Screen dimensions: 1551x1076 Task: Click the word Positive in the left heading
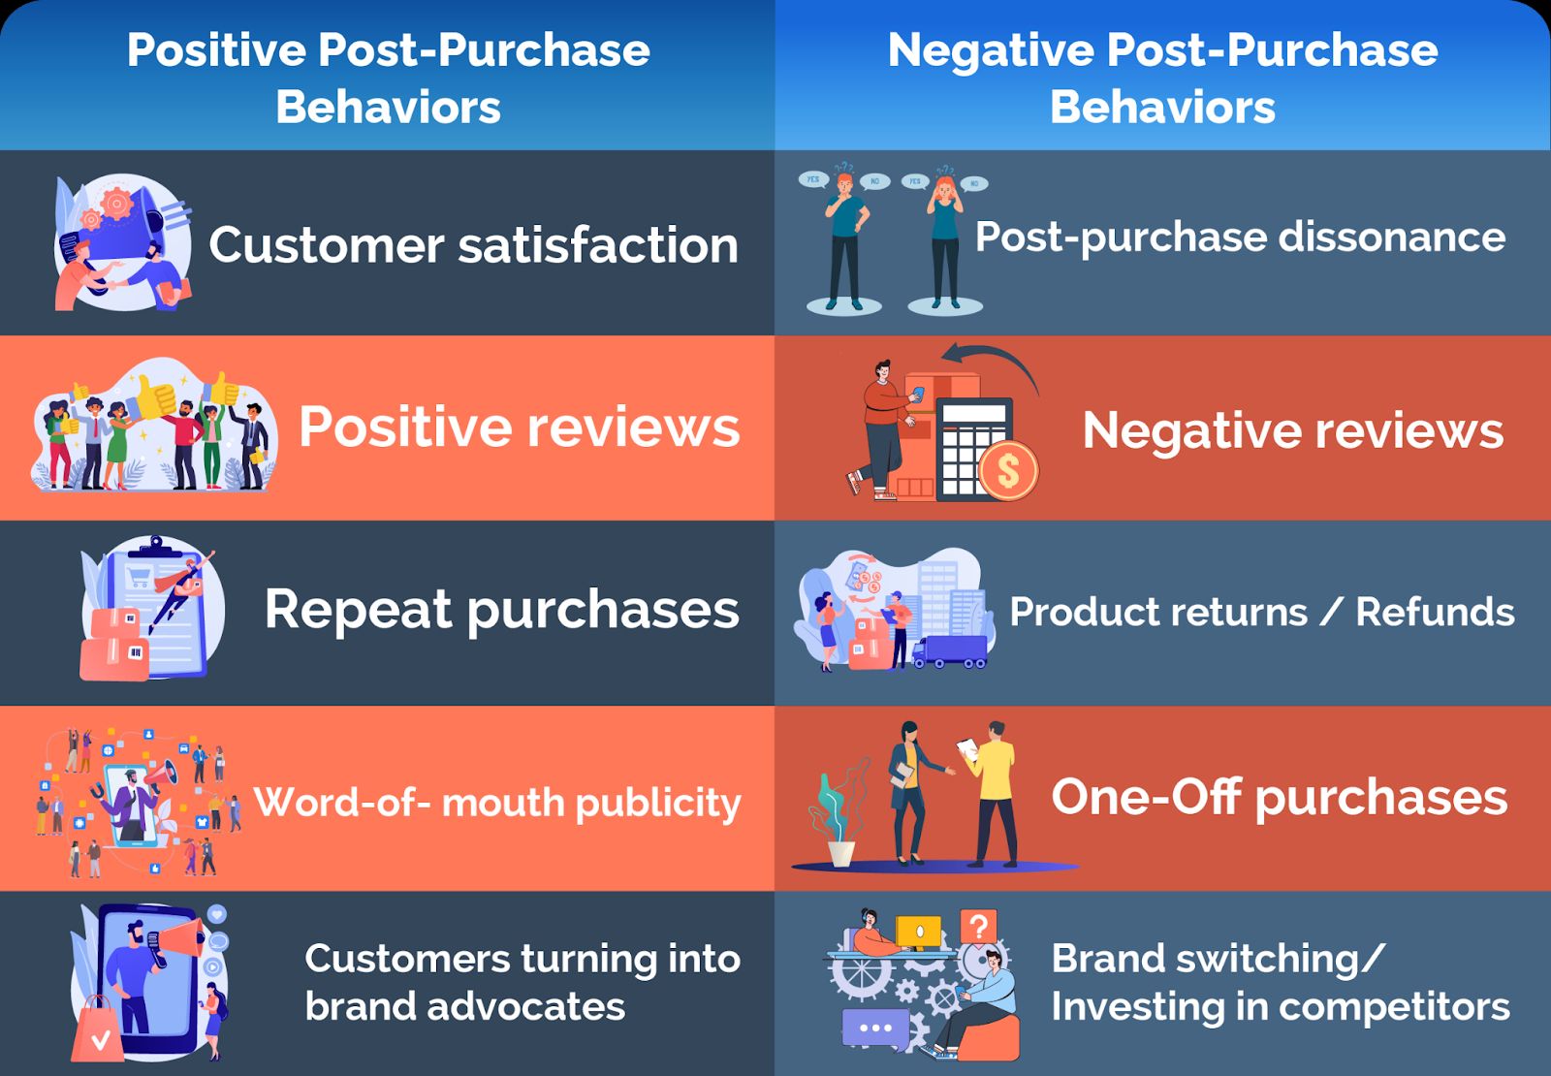click(x=216, y=50)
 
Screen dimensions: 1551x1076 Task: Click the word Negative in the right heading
click(x=991, y=50)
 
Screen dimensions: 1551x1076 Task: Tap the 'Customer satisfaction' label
click(x=474, y=245)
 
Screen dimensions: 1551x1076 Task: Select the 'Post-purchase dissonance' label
click(x=1240, y=238)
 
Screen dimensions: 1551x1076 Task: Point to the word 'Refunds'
click(x=1436, y=612)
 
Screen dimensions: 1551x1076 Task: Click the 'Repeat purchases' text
click(x=502, y=611)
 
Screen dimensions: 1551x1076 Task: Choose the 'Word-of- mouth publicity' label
click(x=497, y=804)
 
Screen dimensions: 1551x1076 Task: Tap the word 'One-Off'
click(x=1146, y=796)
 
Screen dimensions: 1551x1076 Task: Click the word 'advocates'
click(x=526, y=1007)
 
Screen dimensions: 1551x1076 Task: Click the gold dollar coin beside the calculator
click(x=1008, y=471)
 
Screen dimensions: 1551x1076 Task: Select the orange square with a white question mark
click(x=979, y=927)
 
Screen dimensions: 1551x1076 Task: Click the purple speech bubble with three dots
click(x=874, y=1029)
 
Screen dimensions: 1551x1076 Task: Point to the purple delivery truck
click(x=950, y=651)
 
